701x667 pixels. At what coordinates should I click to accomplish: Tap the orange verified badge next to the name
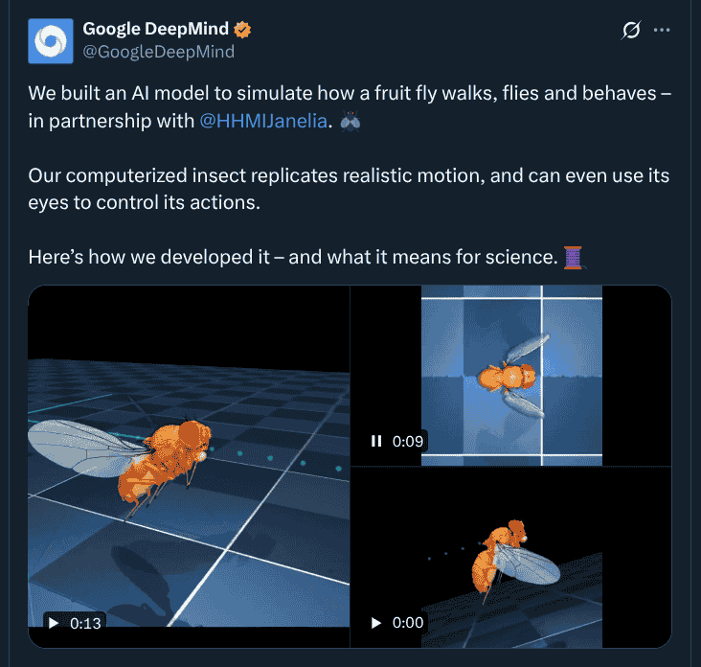pos(244,30)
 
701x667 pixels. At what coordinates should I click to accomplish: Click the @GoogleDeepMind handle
pos(159,52)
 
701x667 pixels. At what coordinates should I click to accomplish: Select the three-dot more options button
pos(662,30)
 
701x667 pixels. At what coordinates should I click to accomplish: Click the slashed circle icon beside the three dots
pos(630,30)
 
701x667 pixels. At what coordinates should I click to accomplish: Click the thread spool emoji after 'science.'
pos(575,257)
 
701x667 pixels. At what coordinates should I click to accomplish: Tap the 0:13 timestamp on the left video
pos(86,623)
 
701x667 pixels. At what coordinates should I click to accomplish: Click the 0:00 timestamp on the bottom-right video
pos(408,623)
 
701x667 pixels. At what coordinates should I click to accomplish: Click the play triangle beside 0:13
pos(53,623)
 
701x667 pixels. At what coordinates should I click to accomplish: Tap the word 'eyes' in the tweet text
pos(50,203)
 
